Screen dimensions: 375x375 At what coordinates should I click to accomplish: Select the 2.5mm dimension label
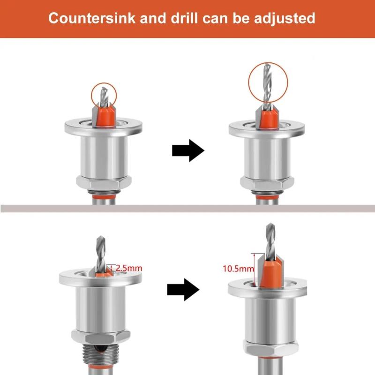pyautogui.click(x=128, y=269)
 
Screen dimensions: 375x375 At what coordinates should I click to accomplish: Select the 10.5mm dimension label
pyautogui.click(x=238, y=269)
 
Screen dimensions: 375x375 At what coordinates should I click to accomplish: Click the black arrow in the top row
pyautogui.click(x=188, y=150)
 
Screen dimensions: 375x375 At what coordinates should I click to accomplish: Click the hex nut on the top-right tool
pyautogui.click(x=267, y=182)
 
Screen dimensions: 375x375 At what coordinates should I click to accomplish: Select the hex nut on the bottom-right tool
pyautogui.click(x=268, y=347)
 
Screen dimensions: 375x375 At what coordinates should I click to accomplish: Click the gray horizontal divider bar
pyautogui.click(x=187, y=209)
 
